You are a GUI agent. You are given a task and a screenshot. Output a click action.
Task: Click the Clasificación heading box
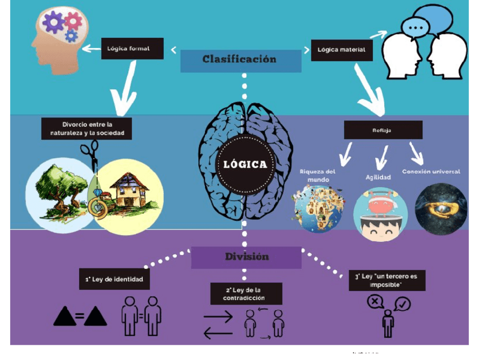pyautogui.click(x=240, y=60)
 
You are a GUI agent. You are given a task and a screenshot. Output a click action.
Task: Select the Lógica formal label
pyautogui.click(x=132, y=49)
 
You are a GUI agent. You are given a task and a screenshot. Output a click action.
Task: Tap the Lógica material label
pyautogui.click(x=341, y=50)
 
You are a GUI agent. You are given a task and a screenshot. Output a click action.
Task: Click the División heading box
pyautogui.click(x=246, y=257)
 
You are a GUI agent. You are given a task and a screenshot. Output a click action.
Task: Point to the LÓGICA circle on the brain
pyautogui.click(x=245, y=165)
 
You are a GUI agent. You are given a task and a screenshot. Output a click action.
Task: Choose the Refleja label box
pyautogui.click(x=382, y=130)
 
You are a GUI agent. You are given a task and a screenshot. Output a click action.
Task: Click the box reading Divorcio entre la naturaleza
pyautogui.click(x=86, y=129)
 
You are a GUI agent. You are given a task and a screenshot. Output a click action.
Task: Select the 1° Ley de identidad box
pyautogui.click(x=114, y=279)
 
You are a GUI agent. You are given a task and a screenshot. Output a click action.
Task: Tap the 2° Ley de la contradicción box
pyautogui.click(x=238, y=294)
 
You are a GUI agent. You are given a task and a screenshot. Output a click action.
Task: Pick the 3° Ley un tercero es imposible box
pyautogui.click(x=386, y=280)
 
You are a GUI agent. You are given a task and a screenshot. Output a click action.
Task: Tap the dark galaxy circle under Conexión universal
pyautogui.click(x=441, y=208)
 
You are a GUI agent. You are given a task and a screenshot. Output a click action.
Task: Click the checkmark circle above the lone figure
pyautogui.click(x=403, y=305)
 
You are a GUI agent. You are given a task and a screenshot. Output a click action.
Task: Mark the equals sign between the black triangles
pyautogui.click(x=80, y=317)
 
